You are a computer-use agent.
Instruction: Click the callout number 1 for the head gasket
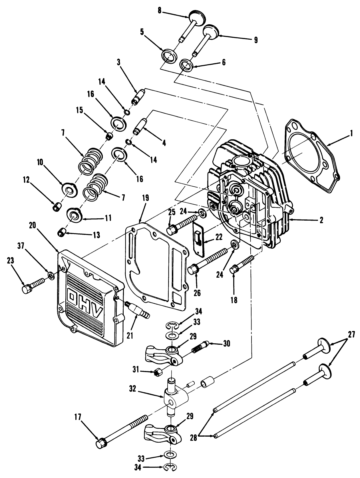(352, 133)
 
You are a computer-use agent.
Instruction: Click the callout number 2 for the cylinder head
(321, 220)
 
